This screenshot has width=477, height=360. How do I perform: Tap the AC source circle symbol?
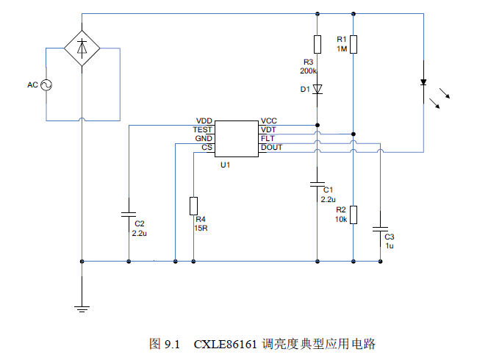tap(46, 85)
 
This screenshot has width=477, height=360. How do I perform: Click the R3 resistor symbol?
tap(318, 44)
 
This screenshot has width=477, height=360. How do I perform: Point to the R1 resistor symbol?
tap(354, 44)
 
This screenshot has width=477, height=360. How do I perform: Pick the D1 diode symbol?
tap(318, 90)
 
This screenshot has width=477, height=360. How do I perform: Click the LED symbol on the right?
tap(424, 82)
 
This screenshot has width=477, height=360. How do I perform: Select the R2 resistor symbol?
tap(354, 214)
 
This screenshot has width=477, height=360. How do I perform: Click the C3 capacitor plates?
tap(380, 230)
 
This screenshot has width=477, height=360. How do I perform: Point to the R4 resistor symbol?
tap(193, 205)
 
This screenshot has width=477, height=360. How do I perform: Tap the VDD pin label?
tap(204, 120)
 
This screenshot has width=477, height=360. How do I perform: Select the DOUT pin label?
tap(271, 147)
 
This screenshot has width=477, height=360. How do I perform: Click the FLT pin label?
tap(268, 138)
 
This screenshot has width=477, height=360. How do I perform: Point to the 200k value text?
tap(308, 71)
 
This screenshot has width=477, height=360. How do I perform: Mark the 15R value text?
tap(200, 228)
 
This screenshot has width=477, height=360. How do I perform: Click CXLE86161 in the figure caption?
tap(226, 344)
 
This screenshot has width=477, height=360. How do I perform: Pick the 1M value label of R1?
tap(341, 48)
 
